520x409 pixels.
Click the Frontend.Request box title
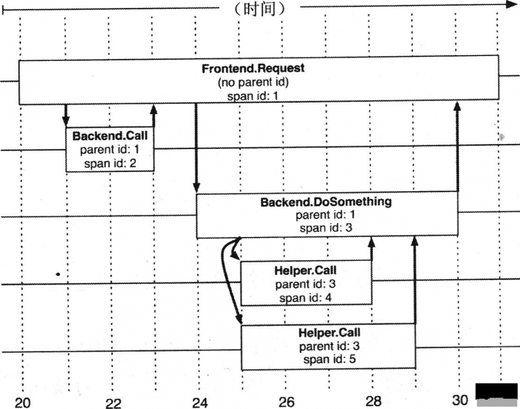click(253, 68)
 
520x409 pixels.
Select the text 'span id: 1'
click(253, 97)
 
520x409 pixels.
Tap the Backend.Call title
click(110, 136)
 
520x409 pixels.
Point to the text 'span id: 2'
click(110, 163)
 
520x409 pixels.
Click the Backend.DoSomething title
click(326, 202)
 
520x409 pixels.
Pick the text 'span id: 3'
click(326, 228)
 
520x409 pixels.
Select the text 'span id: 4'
click(305, 298)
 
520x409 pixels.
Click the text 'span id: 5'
click(330, 359)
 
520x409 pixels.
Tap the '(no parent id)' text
click(253, 82)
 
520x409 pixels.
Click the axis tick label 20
click(22, 403)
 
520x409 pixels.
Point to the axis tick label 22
click(113, 403)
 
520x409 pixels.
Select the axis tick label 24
click(200, 403)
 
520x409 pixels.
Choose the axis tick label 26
click(286, 402)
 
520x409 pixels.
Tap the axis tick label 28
click(373, 401)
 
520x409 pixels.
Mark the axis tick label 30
click(460, 400)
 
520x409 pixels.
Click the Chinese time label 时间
click(259, 9)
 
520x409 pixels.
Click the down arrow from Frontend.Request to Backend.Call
click(66, 116)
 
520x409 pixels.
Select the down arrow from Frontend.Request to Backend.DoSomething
click(197, 148)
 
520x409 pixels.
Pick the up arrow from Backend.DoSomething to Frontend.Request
click(457, 147)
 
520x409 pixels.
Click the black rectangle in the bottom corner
click(497, 391)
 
